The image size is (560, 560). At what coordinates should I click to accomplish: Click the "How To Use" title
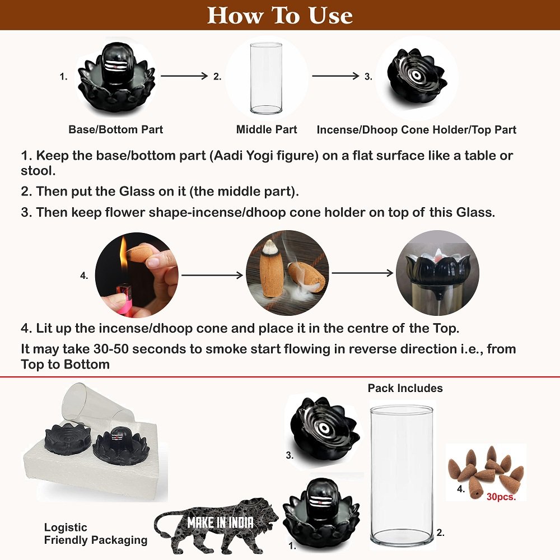[280, 15]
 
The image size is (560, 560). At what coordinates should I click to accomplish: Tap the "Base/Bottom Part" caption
[115, 129]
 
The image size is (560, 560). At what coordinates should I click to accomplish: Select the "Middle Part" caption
[267, 129]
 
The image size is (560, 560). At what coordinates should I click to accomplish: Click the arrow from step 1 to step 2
[184, 76]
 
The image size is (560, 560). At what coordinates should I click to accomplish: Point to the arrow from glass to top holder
[335, 76]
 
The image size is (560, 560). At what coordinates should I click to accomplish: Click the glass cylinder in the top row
[266, 78]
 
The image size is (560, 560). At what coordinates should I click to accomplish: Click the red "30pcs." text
[501, 496]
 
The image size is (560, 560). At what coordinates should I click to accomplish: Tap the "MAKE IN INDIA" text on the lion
[220, 522]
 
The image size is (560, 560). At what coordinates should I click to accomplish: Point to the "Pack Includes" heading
[405, 388]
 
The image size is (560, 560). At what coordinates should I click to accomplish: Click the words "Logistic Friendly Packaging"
[95, 534]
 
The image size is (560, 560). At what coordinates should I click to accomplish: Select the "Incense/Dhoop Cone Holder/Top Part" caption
[417, 130]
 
